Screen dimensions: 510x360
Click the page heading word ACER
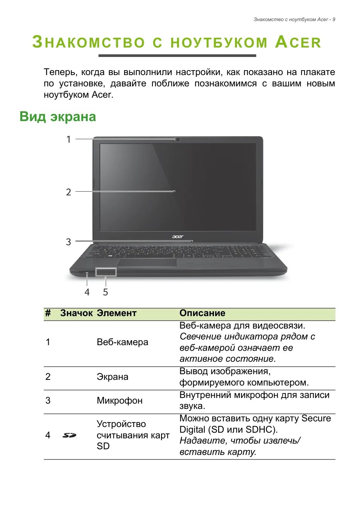pyautogui.click(x=298, y=42)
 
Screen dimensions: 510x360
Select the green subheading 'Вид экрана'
pyautogui.click(x=58, y=117)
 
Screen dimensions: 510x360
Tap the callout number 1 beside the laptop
pyautogui.click(x=69, y=139)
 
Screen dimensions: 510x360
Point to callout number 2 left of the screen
pyautogui.click(x=68, y=192)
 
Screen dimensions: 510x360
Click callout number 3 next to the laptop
pyautogui.click(x=68, y=242)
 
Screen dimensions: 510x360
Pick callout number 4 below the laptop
pyautogui.click(x=87, y=292)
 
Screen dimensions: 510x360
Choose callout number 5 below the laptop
pyautogui.click(x=105, y=292)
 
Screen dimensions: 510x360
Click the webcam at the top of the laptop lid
pyautogui.click(x=177, y=140)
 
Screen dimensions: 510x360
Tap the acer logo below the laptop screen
pyautogui.click(x=178, y=237)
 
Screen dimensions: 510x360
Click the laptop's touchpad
pyautogui.click(x=146, y=263)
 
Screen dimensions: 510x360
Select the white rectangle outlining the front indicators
pyautogui.click(x=106, y=272)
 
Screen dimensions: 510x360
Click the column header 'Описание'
pyautogui.click(x=202, y=313)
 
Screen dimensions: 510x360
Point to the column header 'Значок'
pyautogui.click(x=76, y=313)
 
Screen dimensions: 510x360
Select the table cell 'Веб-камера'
pyautogui.click(x=122, y=342)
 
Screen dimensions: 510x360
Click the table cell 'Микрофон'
pyautogui.click(x=120, y=400)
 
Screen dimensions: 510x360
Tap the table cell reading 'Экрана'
pyautogui.click(x=112, y=377)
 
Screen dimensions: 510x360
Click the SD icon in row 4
pyautogui.click(x=69, y=435)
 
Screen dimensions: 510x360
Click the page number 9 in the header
pyautogui.click(x=334, y=20)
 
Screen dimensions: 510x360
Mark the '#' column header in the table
pyautogui.click(x=48, y=313)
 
